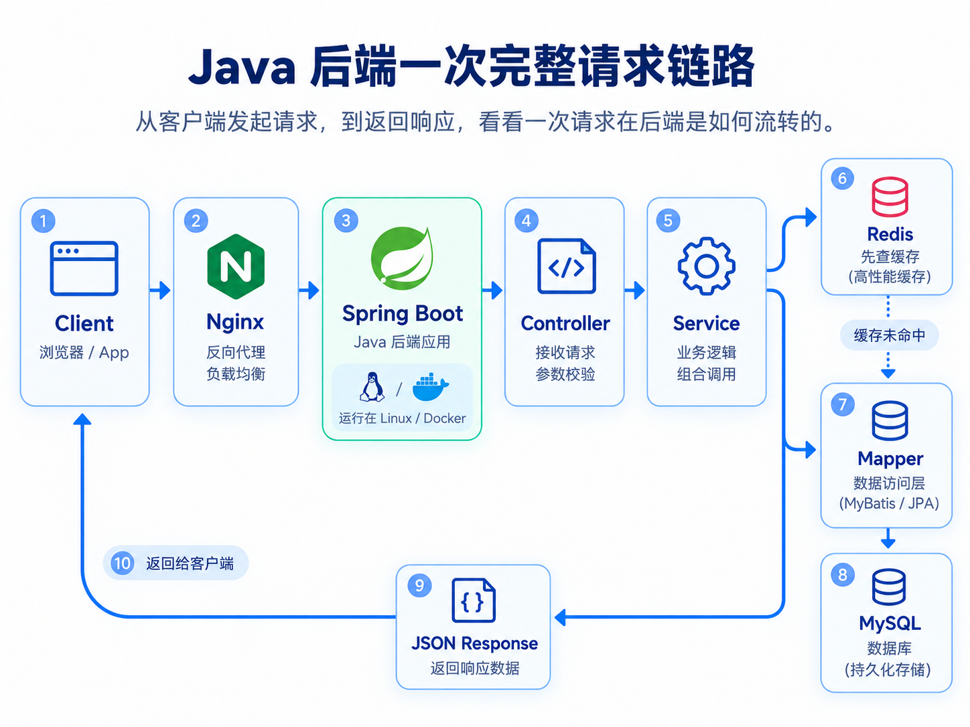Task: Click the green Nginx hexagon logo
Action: point(236,266)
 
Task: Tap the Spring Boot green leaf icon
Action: point(402,258)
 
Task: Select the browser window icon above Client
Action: point(84,268)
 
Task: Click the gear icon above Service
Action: point(706,266)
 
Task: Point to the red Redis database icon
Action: point(890,197)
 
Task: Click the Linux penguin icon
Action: point(372,387)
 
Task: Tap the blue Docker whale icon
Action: point(430,387)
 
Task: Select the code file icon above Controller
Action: point(566,266)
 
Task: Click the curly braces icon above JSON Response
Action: point(474,600)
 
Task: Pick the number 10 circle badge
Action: point(122,563)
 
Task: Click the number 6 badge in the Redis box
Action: point(842,178)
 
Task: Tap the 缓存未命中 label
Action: point(889,335)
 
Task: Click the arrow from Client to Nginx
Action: point(160,290)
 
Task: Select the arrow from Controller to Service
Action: point(635,290)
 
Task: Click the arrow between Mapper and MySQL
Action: point(888,538)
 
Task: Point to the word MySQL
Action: point(890,623)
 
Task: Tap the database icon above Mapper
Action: point(890,420)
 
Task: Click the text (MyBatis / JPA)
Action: point(889,503)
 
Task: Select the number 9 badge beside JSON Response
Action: point(419,585)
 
